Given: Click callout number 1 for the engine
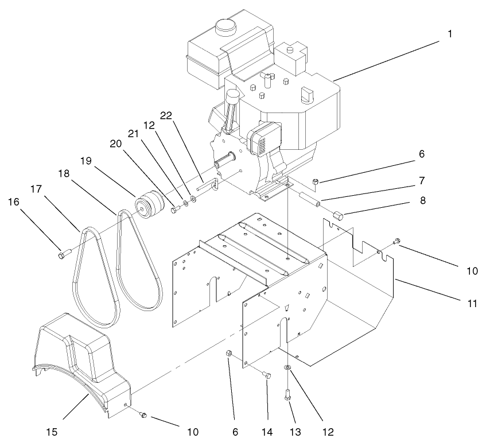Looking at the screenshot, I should tap(450, 34).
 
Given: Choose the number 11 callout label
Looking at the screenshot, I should tap(472, 302).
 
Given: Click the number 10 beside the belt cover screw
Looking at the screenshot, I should tap(192, 431).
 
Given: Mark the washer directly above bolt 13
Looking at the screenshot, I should tap(287, 367).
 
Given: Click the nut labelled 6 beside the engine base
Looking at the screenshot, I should tap(316, 183).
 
